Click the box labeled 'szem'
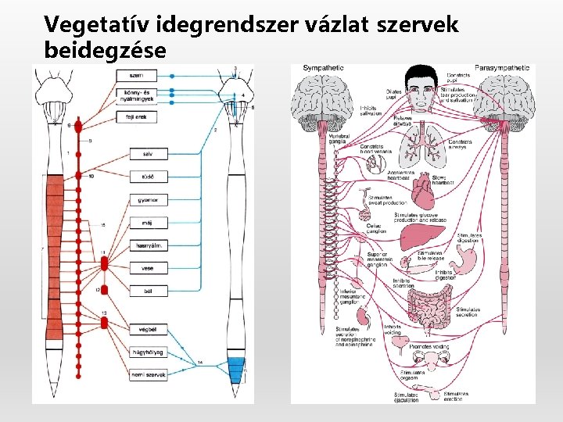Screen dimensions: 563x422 tap(135, 75)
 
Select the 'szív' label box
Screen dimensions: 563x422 tap(149, 154)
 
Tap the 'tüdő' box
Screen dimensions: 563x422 tap(149, 177)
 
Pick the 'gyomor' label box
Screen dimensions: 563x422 tap(149, 200)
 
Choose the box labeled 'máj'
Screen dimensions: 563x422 tap(149, 223)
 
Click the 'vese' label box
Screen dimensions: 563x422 tap(149, 268)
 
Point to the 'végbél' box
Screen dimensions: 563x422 tap(149, 329)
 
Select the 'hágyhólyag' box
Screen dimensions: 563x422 tap(149, 352)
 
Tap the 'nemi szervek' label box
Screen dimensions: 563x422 tap(149, 375)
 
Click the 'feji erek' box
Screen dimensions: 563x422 tap(135, 117)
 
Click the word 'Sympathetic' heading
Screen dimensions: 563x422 tap(323, 68)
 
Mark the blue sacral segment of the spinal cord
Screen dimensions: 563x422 tap(236, 367)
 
